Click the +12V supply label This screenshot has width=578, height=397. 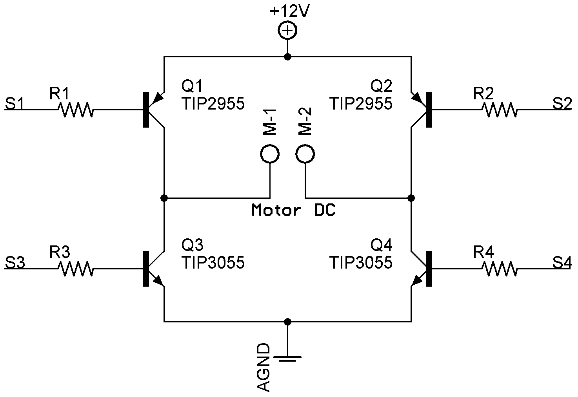[x=289, y=11]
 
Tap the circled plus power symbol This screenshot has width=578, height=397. [x=287, y=31]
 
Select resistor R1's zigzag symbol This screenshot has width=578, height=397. [x=76, y=110]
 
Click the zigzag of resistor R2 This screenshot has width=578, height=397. [x=500, y=110]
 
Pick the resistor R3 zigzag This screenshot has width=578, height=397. [x=76, y=269]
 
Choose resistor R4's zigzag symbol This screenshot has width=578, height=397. [x=500, y=269]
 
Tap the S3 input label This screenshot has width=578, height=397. [x=15, y=263]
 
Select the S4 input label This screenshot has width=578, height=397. [x=562, y=263]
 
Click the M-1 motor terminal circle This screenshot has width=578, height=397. [x=270, y=154]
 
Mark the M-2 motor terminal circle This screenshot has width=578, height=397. [x=305, y=154]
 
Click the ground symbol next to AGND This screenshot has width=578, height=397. [x=287, y=358]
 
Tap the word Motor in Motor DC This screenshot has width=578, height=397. [x=276, y=210]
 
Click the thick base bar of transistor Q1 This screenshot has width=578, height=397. [x=146, y=110]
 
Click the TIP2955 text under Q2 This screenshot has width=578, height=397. [x=361, y=104]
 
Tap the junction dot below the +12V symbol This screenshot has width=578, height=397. [x=287, y=57]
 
